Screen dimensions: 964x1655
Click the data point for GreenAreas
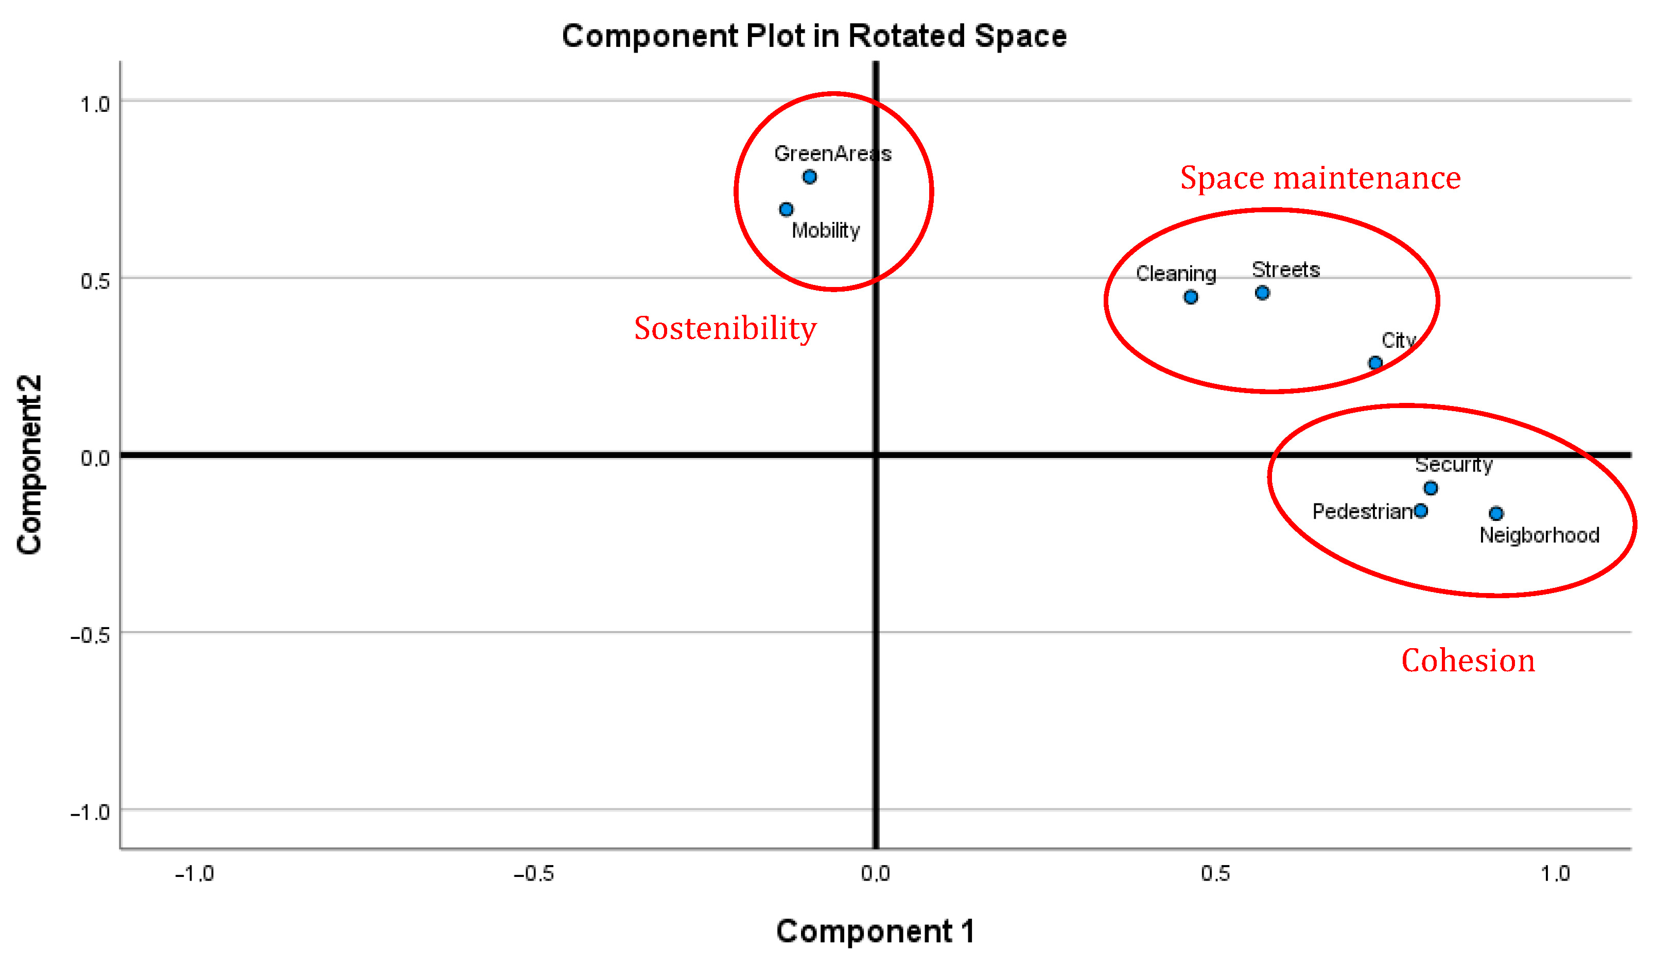tap(810, 177)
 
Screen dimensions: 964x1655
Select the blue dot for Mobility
tap(786, 210)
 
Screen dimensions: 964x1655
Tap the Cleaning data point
tap(1191, 297)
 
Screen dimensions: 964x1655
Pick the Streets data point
tap(1262, 293)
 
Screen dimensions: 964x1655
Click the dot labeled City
tap(1375, 363)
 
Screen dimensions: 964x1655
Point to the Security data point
tap(1431, 488)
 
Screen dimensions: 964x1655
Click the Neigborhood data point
tap(1496, 513)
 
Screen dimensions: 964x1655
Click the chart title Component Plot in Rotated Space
tap(814, 36)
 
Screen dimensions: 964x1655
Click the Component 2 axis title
tap(29, 465)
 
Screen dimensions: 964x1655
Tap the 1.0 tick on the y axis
tap(95, 105)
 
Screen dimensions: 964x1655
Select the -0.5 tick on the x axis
tap(533, 873)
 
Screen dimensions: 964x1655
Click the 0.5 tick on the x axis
tap(1215, 873)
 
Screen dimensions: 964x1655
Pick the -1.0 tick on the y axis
tap(90, 813)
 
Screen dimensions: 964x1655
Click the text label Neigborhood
tap(1539, 535)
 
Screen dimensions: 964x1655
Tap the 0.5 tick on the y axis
tap(95, 281)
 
